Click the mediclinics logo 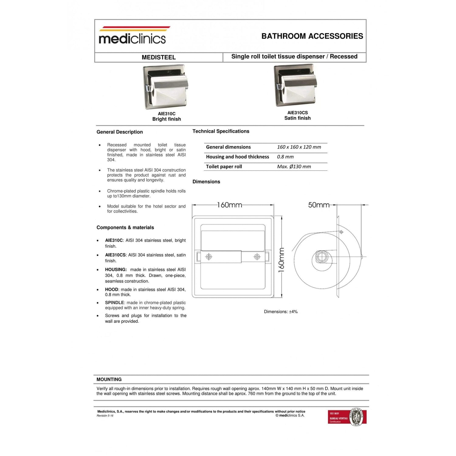coord(133,36)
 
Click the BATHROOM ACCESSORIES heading coord(312,36)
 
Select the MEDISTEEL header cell coord(158,57)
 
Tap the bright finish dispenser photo coord(166,87)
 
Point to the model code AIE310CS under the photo coord(297,113)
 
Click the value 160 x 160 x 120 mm coord(299,147)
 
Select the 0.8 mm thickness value coord(285,157)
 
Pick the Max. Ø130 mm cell coord(294,167)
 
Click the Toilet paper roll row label coord(224,167)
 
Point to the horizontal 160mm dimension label coord(230,205)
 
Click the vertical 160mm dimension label coord(282,260)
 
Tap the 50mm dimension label coord(319,205)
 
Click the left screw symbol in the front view coord(209,257)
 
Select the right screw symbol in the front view coord(257,257)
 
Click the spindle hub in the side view coord(321,257)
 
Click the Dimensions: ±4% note coord(281,312)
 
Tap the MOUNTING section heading coord(109,379)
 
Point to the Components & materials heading coord(125,227)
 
